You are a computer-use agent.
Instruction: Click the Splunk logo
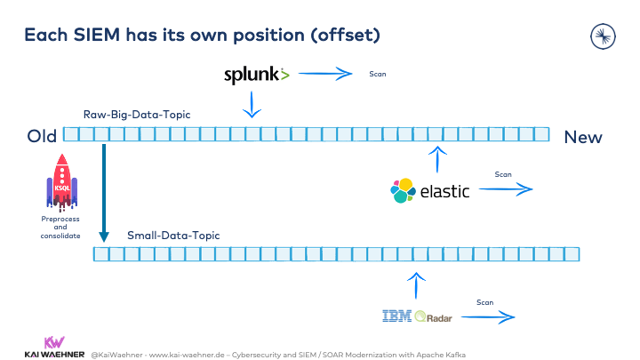pos(256,75)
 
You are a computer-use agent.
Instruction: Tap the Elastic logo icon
pos(403,190)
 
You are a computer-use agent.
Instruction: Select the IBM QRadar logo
pos(417,316)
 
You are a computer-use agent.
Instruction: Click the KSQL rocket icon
pos(62,182)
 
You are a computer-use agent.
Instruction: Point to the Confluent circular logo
pos(603,36)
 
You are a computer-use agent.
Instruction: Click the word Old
pos(42,136)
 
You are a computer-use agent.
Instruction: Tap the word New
pos(583,138)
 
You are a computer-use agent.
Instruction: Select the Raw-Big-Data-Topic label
pos(137,115)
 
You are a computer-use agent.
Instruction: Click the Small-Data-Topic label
pos(173,236)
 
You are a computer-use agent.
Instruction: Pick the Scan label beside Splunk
pos(378,74)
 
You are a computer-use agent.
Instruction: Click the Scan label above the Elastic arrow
pos(503,174)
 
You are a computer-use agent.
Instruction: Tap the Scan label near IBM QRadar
pos(485,302)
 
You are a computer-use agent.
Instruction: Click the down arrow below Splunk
pos(252,105)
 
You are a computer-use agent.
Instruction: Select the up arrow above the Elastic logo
pos(437,159)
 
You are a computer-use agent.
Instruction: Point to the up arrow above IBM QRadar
pos(416,285)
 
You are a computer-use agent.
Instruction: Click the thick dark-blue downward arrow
pos(104,193)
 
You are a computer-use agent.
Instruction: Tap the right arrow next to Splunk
pos(325,74)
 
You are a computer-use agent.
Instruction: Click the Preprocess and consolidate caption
pos(60,228)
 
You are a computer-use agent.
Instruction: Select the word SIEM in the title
pos(97,35)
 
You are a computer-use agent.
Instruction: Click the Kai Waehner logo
pos(54,348)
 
